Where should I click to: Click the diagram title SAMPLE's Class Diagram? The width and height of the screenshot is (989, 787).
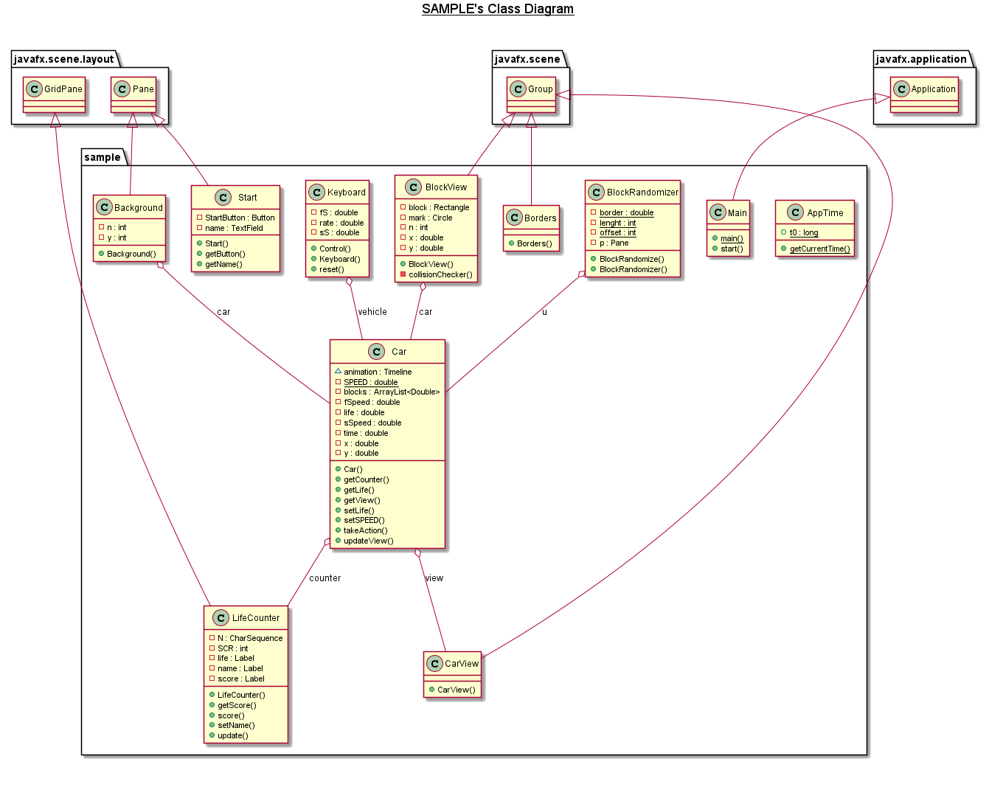tap(497, 9)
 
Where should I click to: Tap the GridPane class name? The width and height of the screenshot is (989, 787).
tap(63, 89)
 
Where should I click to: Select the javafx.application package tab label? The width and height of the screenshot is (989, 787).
tap(920, 59)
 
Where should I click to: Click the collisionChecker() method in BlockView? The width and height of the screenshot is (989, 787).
tap(440, 274)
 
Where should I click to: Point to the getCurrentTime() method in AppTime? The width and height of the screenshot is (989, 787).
tap(819, 249)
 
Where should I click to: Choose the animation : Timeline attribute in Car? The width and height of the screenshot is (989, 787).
tap(378, 372)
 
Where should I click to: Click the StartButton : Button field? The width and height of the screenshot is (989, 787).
tap(240, 218)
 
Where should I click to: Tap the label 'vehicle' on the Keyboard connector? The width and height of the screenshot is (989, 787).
tap(372, 312)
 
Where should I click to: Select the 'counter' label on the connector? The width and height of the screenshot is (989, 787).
tap(325, 578)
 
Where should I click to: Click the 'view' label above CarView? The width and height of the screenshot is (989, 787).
tap(434, 578)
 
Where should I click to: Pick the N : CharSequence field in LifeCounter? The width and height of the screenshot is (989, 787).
tap(250, 638)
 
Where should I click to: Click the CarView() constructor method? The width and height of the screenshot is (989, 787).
tap(456, 690)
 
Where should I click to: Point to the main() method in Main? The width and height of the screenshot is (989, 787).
tap(732, 238)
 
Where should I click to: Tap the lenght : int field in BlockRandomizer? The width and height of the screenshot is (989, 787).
tap(617, 223)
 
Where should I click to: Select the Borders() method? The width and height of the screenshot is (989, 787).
tap(534, 243)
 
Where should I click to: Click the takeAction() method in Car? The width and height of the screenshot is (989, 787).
tap(365, 530)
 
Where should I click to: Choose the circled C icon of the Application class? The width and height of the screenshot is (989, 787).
tap(901, 89)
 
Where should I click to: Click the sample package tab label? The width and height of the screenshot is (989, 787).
tap(102, 157)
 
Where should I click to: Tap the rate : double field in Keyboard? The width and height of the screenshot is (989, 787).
tap(341, 223)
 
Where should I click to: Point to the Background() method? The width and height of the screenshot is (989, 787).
tap(131, 254)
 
